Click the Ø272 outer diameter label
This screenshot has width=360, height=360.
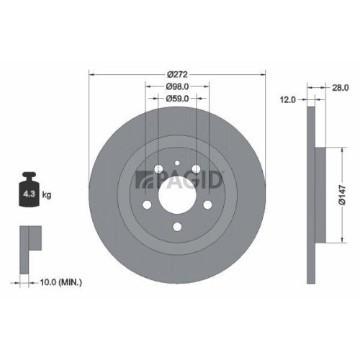click(x=177, y=73)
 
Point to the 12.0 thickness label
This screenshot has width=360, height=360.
click(x=289, y=101)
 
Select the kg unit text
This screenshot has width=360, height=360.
click(x=46, y=194)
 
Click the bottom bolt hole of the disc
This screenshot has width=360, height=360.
click(x=177, y=230)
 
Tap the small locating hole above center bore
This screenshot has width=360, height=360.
click(x=177, y=164)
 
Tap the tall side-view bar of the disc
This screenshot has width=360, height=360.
click(x=310, y=194)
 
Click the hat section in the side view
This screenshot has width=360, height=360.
click(x=320, y=194)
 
